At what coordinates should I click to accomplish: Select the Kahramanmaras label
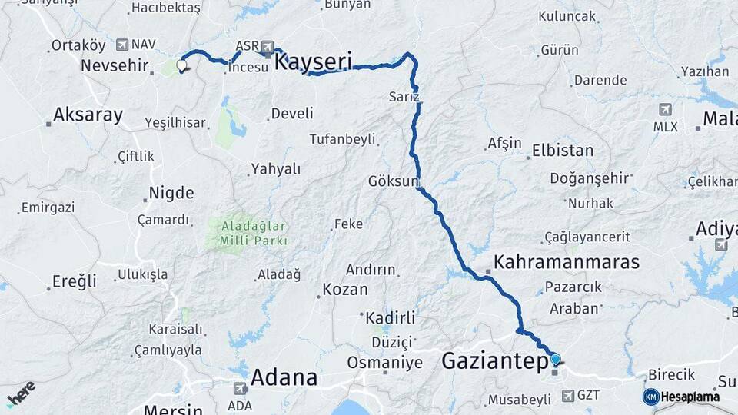click(x=567, y=262)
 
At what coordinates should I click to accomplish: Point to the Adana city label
click(x=284, y=377)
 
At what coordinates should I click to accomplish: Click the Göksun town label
click(x=393, y=182)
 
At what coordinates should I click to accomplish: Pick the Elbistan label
click(x=563, y=151)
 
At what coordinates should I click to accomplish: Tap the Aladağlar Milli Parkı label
click(x=254, y=233)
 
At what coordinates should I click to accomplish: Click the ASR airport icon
click(x=268, y=46)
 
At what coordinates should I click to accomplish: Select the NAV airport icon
click(x=123, y=45)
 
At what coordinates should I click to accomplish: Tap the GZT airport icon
click(x=568, y=396)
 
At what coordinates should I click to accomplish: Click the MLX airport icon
click(x=665, y=110)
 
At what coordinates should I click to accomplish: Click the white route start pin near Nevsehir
click(x=182, y=65)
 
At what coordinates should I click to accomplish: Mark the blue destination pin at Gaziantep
click(x=555, y=359)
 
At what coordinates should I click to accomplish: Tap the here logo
click(x=22, y=393)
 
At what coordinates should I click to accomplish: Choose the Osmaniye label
click(x=384, y=362)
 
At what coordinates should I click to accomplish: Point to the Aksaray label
click(x=88, y=115)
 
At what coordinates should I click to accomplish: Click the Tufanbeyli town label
click(x=342, y=139)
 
